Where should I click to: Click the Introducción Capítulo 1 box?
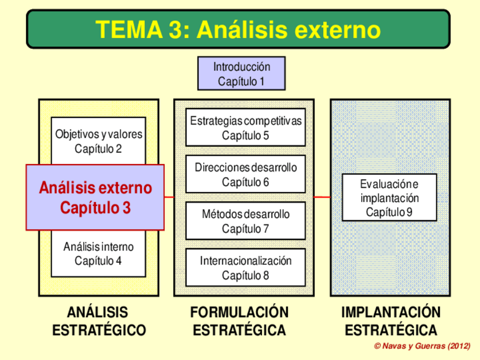point(241,74)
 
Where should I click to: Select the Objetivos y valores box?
point(98,141)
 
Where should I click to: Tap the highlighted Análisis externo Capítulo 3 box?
point(95,198)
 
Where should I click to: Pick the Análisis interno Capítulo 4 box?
point(98,254)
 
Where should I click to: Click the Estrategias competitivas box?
point(246,127)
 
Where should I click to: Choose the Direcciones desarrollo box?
point(246,174)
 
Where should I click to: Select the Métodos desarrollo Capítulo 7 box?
point(246,221)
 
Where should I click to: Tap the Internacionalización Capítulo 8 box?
point(246,268)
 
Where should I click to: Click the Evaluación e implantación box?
point(389,198)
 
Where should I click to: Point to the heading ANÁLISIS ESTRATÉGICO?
point(98,321)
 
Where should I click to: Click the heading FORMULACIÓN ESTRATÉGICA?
point(239,321)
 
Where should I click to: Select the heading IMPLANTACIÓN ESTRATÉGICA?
point(391,321)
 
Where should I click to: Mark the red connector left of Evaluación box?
point(322,197)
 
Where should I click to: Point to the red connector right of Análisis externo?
point(169,197)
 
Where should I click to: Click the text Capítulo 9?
point(389,212)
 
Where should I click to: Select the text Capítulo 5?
point(246,135)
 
